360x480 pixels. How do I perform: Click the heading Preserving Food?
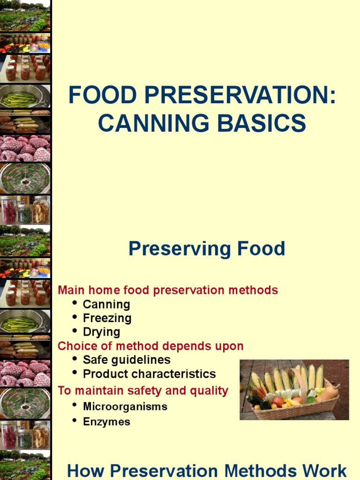(x=207, y=249)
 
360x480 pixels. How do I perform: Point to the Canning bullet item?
(x=106, y=304)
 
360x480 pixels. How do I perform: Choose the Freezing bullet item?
(x=107, y=318)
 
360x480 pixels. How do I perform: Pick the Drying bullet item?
(x=101, y=332)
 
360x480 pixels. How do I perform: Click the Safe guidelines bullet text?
(x=127, y=360)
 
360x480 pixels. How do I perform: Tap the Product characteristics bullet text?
(x=149, y=374)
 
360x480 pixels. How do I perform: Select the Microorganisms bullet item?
(x=125, y=406)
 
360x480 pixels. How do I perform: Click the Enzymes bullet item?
(x=106, y=422)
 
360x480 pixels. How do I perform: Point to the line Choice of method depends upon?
(x=150, y=346)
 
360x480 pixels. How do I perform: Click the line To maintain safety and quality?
(x=143, y=390)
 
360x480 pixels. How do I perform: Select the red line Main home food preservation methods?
(x=168, y=290)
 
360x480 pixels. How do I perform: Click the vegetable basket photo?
(x=294, y=390)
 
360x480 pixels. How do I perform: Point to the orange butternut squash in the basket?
(x=328, y=392)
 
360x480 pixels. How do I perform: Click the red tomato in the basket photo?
(x=278, y=402)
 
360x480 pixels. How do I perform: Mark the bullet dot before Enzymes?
(x=75, y=420)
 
